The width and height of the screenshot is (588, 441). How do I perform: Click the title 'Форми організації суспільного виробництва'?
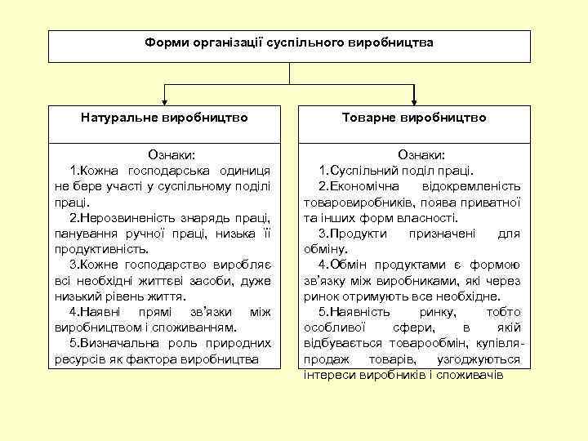pyautogui.click(x=289, y=41)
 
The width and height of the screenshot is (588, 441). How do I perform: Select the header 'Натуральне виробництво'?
pyautogui.click(x=164, y=118)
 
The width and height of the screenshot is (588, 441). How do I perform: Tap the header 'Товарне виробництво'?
pyautogui.click(x=415, y=118)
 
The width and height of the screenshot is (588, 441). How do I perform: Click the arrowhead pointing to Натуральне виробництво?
pyautogui.click(x=165, y=99)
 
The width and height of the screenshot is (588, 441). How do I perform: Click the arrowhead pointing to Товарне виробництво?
pyautogui.click(x=415, y=99)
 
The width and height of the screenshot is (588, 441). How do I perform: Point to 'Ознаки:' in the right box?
pyautogui.click(x=421, y=154)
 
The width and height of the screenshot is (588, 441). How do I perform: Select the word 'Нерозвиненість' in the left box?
pyautogui.click(x=129, y=217)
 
